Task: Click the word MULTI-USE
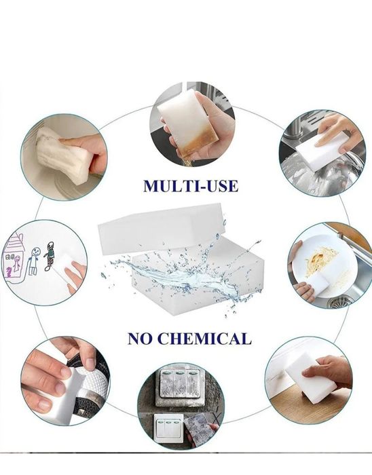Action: [191, 187]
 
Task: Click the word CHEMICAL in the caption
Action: [205, 339]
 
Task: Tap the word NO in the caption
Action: [140, 339]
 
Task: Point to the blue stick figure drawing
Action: [34, 261]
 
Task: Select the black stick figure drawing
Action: [50, 256]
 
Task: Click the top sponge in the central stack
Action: [162, 228]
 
